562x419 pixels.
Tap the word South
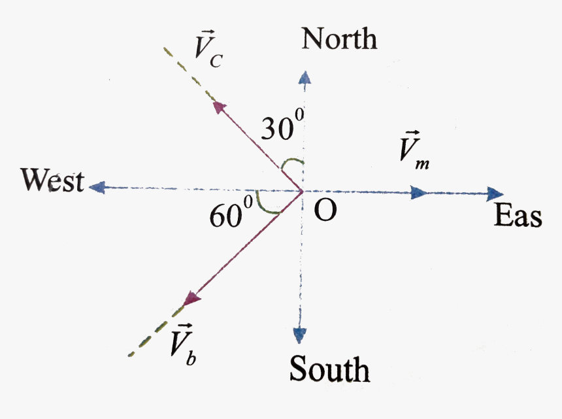330,369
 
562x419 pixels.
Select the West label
53,180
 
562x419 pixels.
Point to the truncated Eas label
518,216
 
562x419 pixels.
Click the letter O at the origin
325,210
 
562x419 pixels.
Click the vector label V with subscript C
208,49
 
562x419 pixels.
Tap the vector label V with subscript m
414,150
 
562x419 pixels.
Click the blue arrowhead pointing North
305,77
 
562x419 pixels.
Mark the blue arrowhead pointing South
299,335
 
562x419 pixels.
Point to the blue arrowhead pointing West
97,187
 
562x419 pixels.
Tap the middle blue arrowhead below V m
419,192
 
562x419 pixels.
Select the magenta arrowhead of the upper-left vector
219,107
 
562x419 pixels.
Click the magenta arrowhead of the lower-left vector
191,299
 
